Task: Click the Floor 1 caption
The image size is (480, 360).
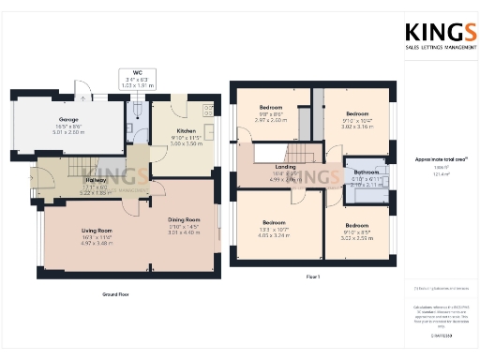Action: (x=312, y=277)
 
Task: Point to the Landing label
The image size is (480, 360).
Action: (x=284, y=167)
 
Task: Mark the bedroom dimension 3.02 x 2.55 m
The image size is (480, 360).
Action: (x=356, y=239)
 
